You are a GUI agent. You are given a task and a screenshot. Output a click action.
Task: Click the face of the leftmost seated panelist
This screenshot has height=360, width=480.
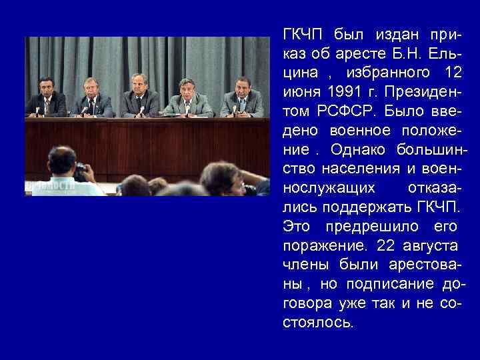[47, 85]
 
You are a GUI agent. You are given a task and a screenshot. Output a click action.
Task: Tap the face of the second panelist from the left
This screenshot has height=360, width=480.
[89, 87]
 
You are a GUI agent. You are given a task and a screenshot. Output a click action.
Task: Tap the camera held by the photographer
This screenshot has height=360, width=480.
[80, 171]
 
